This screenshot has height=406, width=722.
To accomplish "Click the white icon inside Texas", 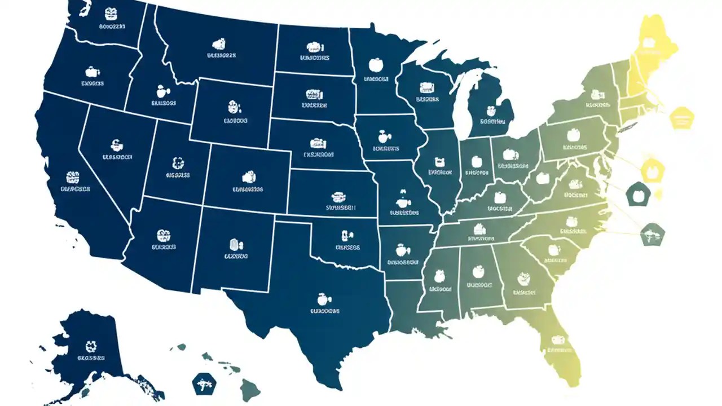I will [x=322, y=297].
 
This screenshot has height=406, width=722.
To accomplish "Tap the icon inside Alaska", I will [x=91, y=346].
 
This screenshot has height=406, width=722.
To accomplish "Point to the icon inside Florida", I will [x=558, y=340].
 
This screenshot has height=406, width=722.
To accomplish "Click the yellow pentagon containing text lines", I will [x=681, y=117].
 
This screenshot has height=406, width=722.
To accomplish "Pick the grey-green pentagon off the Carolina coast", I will [x=652, y=233].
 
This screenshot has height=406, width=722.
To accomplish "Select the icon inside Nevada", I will [x=117, y=144].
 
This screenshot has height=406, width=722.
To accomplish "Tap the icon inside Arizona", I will [x=164, y=235].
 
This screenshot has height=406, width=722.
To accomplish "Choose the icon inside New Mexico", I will [x=235, y=244].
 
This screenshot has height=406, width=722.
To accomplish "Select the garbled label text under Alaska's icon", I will [x=91, y=358].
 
